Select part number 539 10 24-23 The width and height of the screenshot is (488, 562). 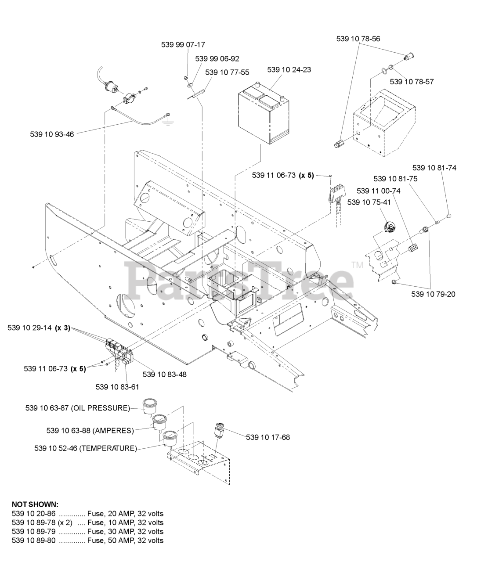289,69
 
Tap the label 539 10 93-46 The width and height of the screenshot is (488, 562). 52,134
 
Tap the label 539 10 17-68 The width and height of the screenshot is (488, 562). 267,437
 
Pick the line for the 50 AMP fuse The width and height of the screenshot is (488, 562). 87,540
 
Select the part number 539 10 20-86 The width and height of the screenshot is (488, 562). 33,513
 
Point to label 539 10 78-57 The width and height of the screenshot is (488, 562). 412,82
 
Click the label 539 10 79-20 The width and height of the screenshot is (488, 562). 433,294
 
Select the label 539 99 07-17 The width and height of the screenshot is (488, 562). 183,44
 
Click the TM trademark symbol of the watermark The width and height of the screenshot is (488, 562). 357,265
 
